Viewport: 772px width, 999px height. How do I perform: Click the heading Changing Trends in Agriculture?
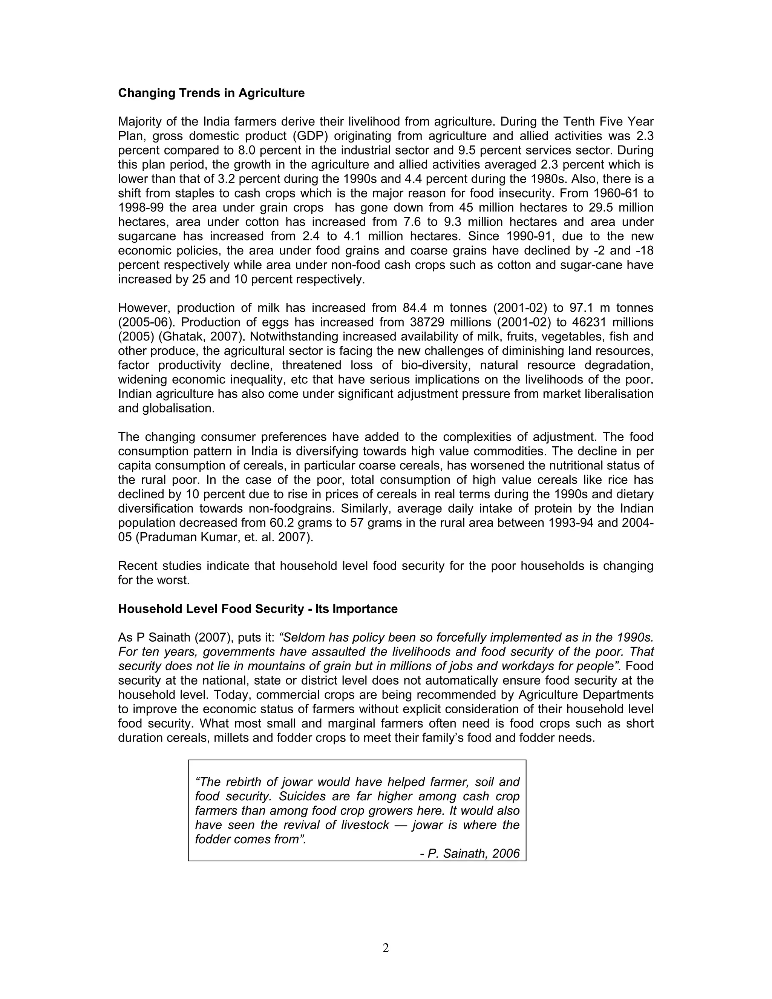coord(211,93)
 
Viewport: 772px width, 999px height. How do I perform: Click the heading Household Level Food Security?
coord(257,609)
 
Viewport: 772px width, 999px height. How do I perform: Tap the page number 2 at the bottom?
coord(386,948)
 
